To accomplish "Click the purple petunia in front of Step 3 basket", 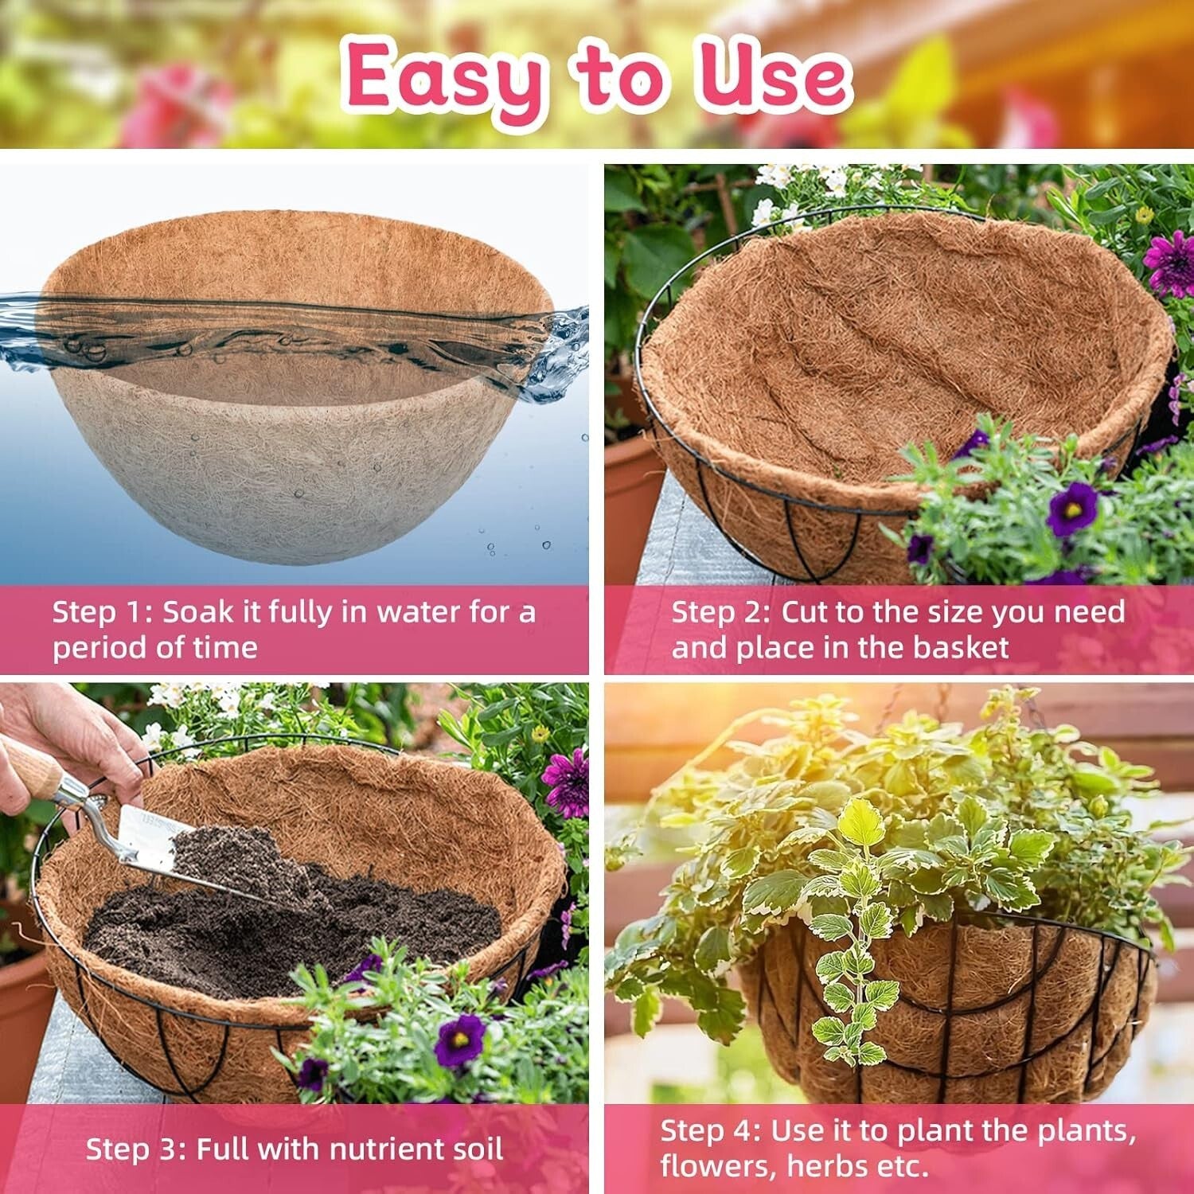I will point(459,1040).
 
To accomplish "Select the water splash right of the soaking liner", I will point(561,350).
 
